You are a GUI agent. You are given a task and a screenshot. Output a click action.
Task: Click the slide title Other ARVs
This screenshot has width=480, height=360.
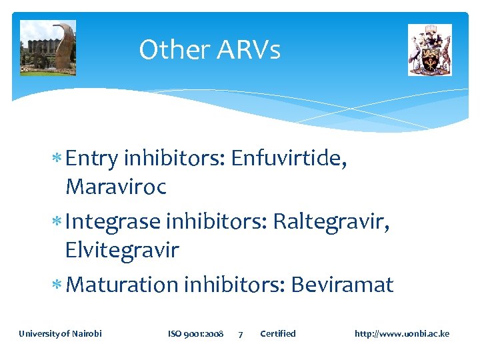click(209, 50)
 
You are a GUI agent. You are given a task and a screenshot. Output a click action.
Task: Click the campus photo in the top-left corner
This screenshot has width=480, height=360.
click(48, 48)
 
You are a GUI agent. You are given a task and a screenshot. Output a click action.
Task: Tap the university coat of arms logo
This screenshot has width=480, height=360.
click(430, 50)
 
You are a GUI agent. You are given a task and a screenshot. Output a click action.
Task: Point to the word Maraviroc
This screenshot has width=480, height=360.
click(116, 187)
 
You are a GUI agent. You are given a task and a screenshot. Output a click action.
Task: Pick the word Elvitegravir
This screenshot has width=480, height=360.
click(122, 250)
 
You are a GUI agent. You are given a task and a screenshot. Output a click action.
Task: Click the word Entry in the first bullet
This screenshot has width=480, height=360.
click(93, 159)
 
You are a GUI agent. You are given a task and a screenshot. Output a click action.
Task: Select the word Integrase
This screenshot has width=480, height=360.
click(114, 221)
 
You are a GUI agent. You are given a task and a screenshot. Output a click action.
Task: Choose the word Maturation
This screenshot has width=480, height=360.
click(123, 285)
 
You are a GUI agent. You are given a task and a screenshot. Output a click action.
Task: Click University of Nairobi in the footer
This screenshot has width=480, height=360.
click(60, 333)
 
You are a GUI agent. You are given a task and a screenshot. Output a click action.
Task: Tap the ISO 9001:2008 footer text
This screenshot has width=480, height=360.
click(195, 333)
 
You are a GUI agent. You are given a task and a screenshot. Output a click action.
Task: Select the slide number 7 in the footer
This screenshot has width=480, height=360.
click(241, 334)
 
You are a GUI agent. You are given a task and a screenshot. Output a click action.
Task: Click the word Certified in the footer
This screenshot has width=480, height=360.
click(277, 333)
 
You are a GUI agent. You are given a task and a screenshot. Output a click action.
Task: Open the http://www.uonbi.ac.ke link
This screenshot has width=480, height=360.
click(402, 333)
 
